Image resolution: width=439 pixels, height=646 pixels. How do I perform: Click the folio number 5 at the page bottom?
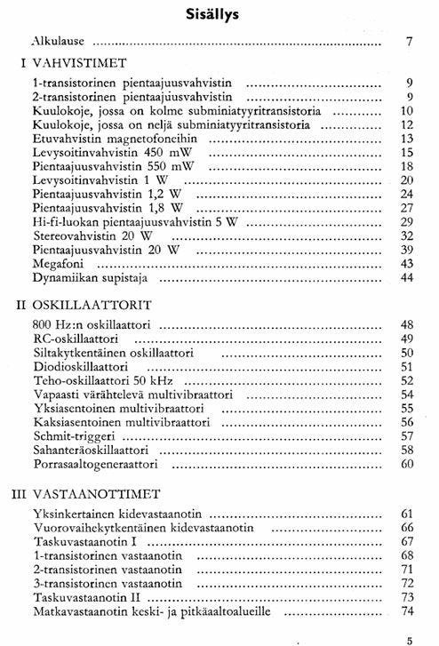coord(410,636)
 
